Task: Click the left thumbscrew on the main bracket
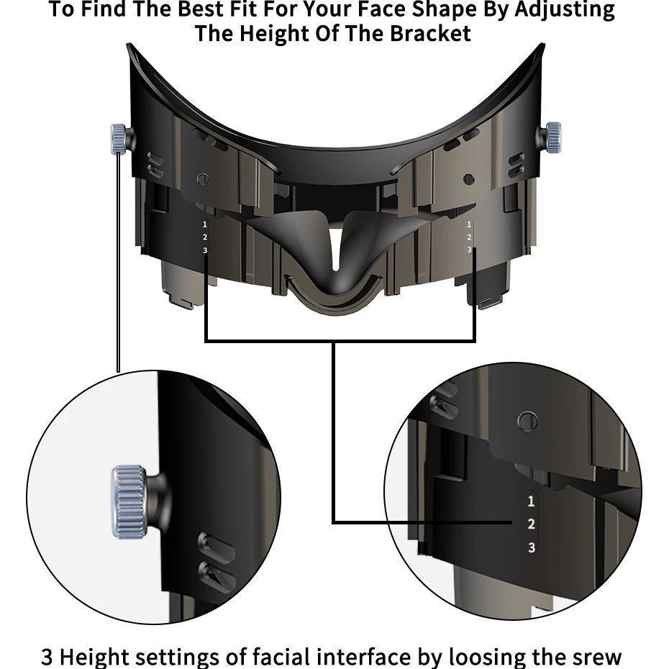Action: click(x=119, y=138)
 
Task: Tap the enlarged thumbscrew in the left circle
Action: click(x=128, y=501)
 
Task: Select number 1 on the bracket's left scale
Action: click(x=205, y=224)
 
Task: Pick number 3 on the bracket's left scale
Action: click(x=205, y=250)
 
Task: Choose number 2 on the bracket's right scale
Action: click(x=469, y=237)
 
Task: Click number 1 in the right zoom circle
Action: click(x=531, y=501)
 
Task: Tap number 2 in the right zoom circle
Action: click(x=531, y=524)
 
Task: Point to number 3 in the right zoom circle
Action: click(x=531, y=547)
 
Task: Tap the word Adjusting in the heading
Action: click(x=565, y=10)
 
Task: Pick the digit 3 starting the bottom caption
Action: click(x=47, y=657)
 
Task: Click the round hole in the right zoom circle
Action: click(x=527, y=422)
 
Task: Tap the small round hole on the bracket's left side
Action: click(x=203, y=179)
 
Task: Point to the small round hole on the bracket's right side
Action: click(x=469, y=179)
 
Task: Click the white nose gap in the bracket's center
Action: click(x=336, y=247)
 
